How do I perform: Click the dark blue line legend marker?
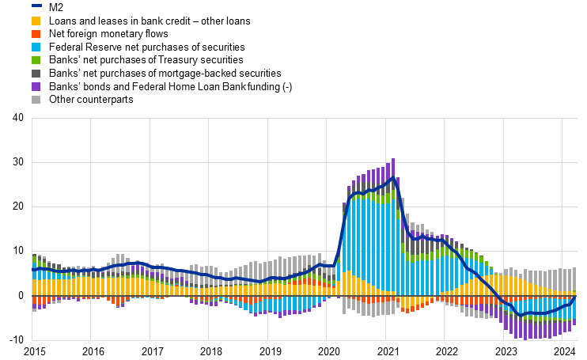(x=36, y=6)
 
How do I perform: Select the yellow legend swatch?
(x=36, y=21)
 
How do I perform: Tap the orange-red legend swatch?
(x=36, y=34)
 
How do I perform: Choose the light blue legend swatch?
(x=36, y=47)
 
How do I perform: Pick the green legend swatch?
(x=36, y=60)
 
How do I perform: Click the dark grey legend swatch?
(x=36, y=74)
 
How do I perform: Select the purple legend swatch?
(x=36, y=86)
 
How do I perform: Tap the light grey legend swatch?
(x=36, y=100)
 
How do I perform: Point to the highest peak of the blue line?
(x=393, y=177)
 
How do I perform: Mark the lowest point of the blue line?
(x=521, y=315)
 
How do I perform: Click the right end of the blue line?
(x=575, y=299)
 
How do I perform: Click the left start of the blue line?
(x=32, y=270)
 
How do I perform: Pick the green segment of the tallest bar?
(x=393, y=193)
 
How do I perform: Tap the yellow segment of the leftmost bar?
(x=34, y=287)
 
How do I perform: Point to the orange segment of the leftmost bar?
(x=34, y=301)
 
